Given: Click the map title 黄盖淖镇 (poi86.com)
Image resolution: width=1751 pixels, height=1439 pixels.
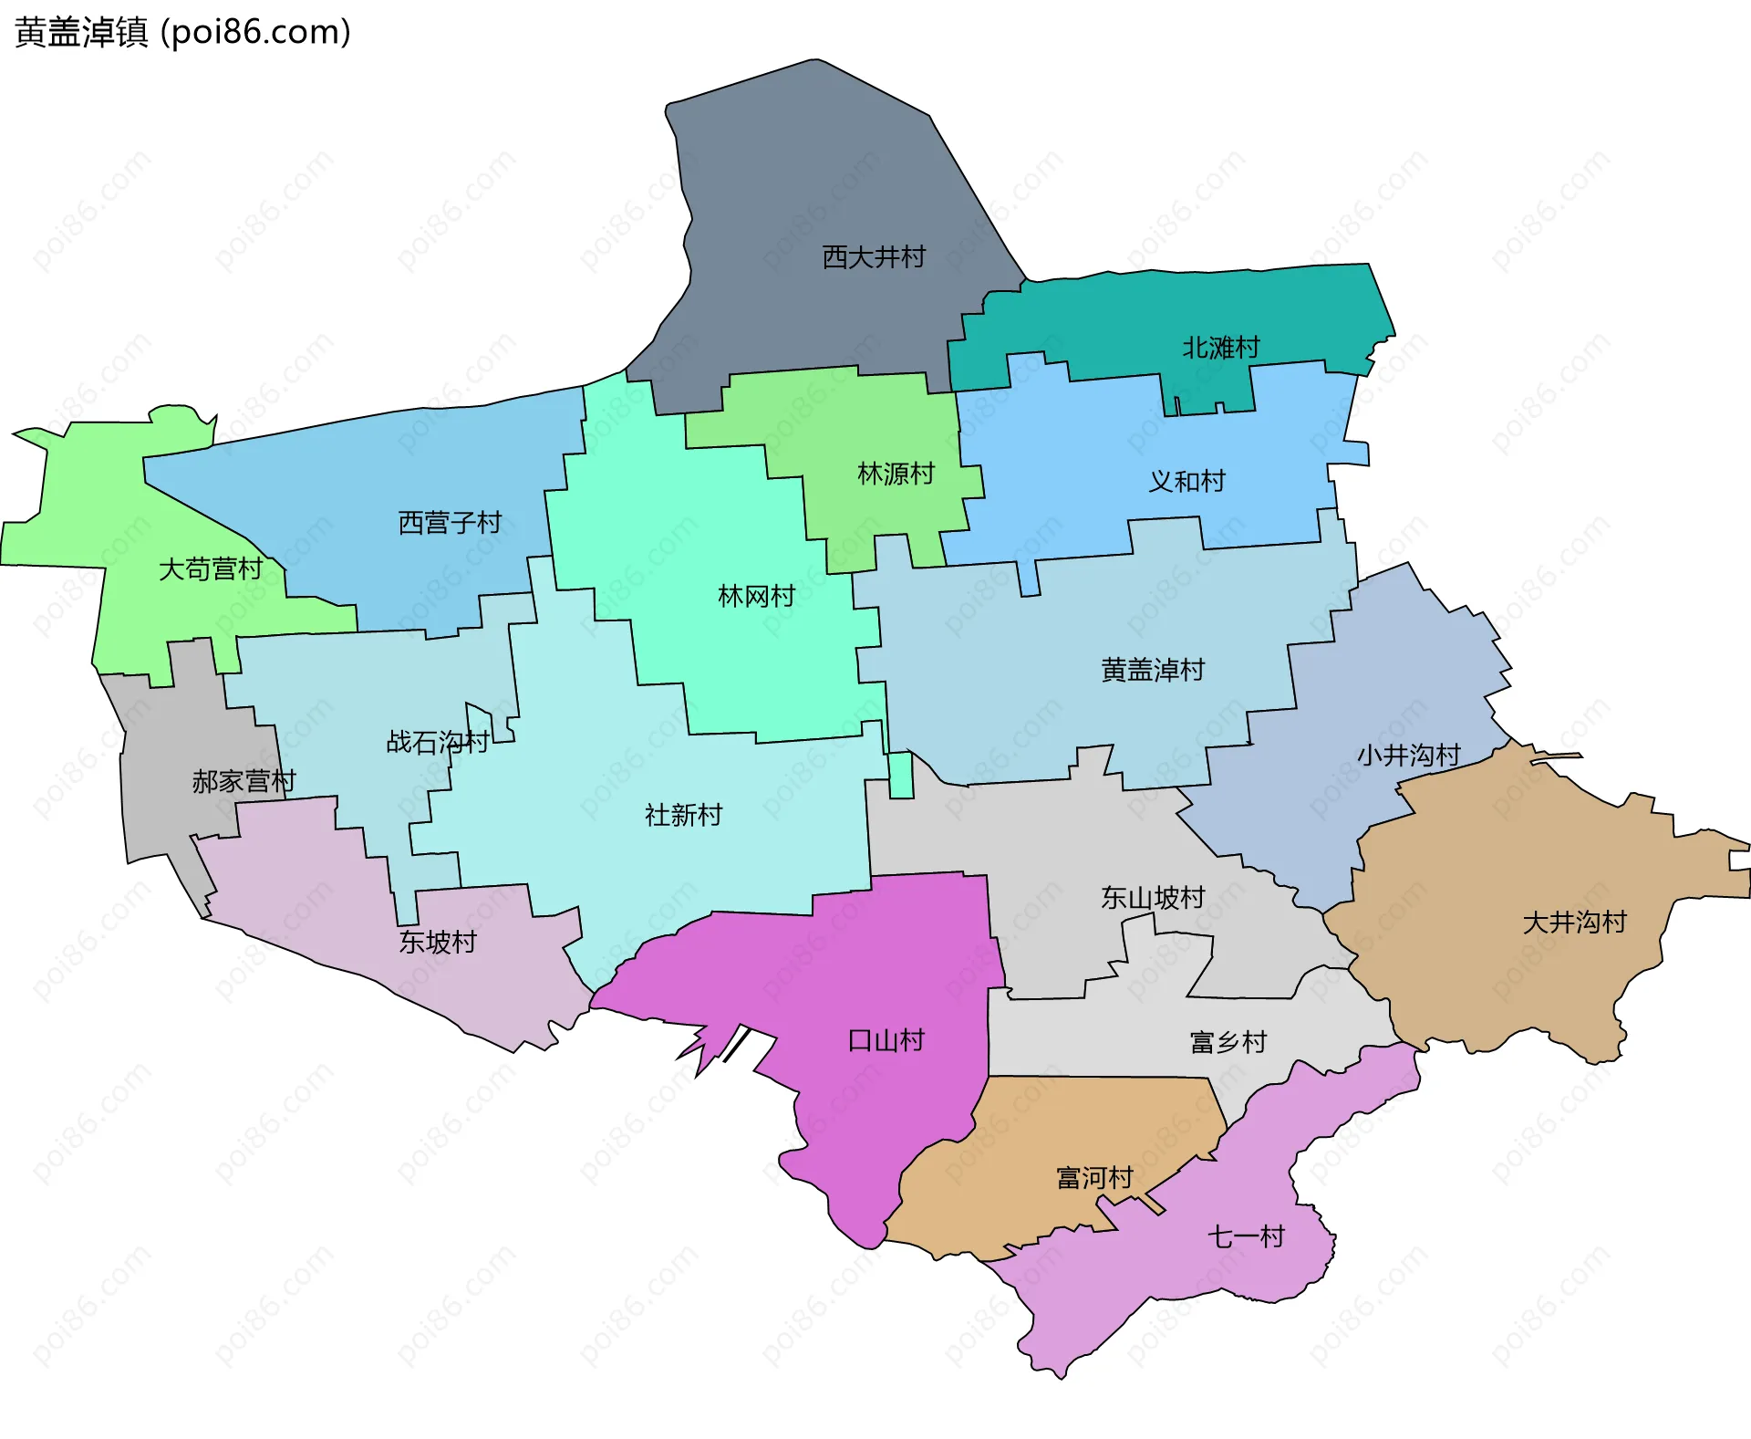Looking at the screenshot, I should (182, 33).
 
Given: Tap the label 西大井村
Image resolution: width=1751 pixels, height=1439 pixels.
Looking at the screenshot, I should (873, 257).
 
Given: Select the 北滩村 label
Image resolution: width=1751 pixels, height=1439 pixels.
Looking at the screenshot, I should (1220, 348).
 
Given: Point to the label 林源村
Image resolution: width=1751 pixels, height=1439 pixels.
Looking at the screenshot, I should (896, 474).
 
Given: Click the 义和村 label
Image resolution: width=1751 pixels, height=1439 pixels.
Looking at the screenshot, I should (1186, 482).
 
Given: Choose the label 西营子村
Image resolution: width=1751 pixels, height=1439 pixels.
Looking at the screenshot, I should (450, 523).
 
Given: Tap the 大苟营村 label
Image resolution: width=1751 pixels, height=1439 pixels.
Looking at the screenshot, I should (211, 569).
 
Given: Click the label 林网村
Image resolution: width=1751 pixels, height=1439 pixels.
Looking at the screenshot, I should (756, 597).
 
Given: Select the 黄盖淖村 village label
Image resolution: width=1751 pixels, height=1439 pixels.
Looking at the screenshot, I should (1153, 671).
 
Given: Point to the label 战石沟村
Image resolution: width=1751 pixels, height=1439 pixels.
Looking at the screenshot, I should (438, 742).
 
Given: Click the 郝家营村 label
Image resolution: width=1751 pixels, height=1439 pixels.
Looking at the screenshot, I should (243, 781).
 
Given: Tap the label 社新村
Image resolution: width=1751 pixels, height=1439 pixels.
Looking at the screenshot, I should (683, 815).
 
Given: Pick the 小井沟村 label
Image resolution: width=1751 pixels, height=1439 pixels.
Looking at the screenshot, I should (1409, 756).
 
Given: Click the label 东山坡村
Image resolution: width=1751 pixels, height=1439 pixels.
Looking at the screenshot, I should (1153, 898).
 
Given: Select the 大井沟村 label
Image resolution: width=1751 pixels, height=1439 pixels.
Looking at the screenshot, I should (1575, 923).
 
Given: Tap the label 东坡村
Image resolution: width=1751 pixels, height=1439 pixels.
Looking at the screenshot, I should (438, 942).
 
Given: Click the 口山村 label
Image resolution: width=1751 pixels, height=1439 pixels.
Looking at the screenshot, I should (886, 1040).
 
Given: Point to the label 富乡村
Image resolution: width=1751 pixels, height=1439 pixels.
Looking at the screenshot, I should (1228, 1042).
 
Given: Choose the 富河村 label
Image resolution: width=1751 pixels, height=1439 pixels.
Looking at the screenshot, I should (1094, 1178).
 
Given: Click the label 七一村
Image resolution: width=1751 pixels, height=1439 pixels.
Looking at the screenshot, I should (1246, 1237).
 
